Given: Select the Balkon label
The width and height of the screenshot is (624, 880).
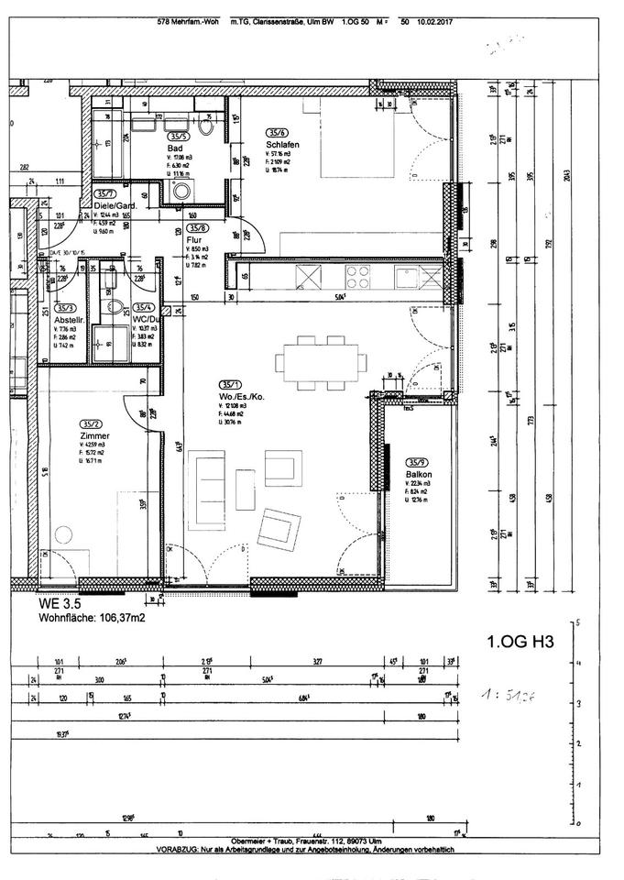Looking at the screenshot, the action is [420, 474].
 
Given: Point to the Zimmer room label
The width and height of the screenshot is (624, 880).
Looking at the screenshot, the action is [95, 435].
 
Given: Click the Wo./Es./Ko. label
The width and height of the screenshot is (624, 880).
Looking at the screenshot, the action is [242, 396].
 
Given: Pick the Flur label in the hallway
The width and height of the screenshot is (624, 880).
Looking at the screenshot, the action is [195, 240].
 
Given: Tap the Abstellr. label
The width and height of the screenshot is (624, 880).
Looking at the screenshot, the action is [69, 320].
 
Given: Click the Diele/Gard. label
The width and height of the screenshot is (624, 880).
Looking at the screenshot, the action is [115, 206].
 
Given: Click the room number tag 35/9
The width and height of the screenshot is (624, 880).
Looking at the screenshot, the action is [419, 462].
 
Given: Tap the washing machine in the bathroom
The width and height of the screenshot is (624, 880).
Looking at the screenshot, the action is [181, 192].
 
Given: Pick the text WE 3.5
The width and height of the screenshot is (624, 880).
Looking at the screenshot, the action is [60, 604].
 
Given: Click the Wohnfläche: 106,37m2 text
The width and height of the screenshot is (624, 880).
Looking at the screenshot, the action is [92, 618].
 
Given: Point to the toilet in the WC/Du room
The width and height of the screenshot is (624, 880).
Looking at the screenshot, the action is [115, 307].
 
